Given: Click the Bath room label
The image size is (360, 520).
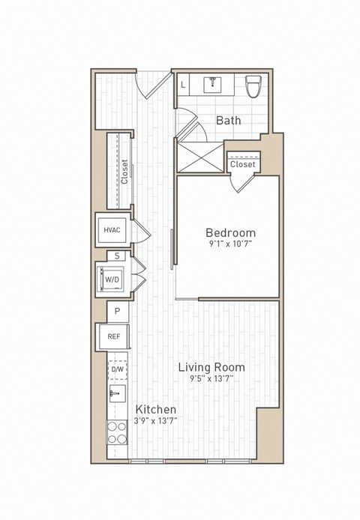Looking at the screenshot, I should coord(228,120).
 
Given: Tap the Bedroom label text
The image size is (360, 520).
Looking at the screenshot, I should coord(230,233).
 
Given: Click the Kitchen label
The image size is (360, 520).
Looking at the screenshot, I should coord(156,409).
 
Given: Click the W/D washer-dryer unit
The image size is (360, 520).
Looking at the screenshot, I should coord(112,279).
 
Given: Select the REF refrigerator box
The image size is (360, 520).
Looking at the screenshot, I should coord(114,336).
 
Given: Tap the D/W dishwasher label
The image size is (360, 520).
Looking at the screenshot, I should coord(118,369).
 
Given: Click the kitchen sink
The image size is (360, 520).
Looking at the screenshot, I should coord(116,393).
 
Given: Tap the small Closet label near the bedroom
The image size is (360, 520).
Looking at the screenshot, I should coord(242,164).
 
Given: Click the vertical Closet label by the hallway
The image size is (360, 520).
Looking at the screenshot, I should coord(124,172).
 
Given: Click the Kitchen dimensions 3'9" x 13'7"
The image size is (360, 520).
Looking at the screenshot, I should coord(156,421).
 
